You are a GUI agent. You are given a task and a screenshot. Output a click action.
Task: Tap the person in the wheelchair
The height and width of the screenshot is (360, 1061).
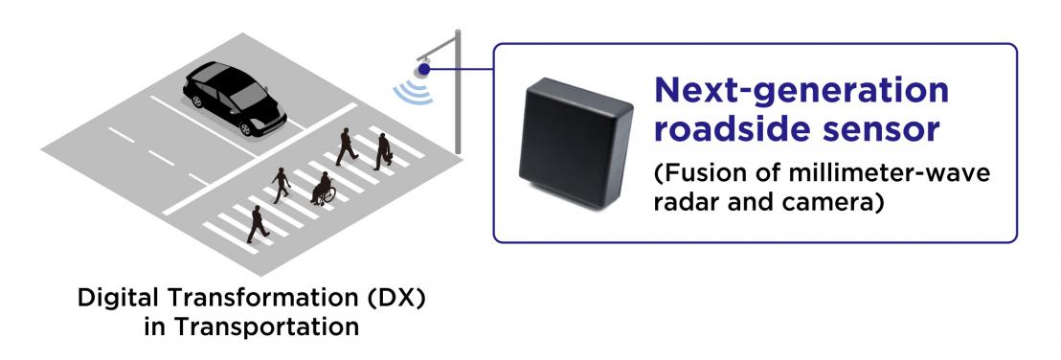tap(323, 188)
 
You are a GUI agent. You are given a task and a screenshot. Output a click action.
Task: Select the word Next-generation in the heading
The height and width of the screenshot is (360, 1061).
tap(801, 92)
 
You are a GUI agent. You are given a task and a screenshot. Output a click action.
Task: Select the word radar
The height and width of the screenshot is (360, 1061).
tap(687, 203)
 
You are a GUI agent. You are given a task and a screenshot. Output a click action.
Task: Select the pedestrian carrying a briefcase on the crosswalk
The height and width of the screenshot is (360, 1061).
tap(383, 150)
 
